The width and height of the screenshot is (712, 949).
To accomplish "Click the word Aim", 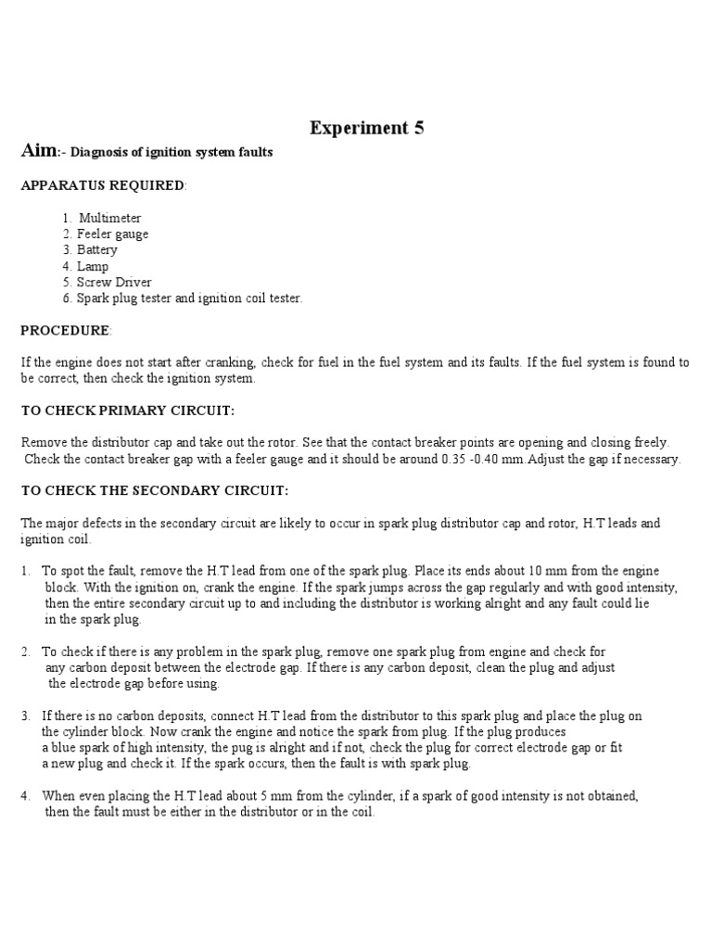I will pos(39,152).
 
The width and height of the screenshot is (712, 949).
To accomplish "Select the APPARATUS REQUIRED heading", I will pos(103,185).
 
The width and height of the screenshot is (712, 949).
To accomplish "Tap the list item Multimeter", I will pos(109,218).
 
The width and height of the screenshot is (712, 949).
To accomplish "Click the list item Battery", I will pos(97,250).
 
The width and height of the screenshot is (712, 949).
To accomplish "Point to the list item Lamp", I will pos(93,267).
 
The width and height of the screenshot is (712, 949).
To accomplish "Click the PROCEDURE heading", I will pos(65,331).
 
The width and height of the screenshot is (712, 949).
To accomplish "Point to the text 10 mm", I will pos(539,571).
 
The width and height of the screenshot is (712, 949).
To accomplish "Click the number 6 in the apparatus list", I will pos(67,298).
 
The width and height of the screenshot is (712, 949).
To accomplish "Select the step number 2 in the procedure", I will pos(25,652).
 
